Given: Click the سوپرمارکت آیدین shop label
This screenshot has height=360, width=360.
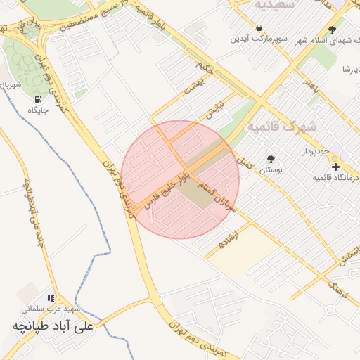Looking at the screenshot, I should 260,39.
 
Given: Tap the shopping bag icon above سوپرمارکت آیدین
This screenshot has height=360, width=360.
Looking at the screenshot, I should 260,27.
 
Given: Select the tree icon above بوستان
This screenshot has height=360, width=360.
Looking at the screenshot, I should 271,159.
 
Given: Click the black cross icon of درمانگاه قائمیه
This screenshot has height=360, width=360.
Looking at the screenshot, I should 335,167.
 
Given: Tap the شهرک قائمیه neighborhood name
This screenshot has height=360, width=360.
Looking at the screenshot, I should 282,127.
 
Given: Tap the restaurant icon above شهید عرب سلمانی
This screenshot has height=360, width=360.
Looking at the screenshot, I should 50,298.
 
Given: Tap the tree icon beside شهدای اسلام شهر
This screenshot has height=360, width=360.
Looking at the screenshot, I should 332,30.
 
